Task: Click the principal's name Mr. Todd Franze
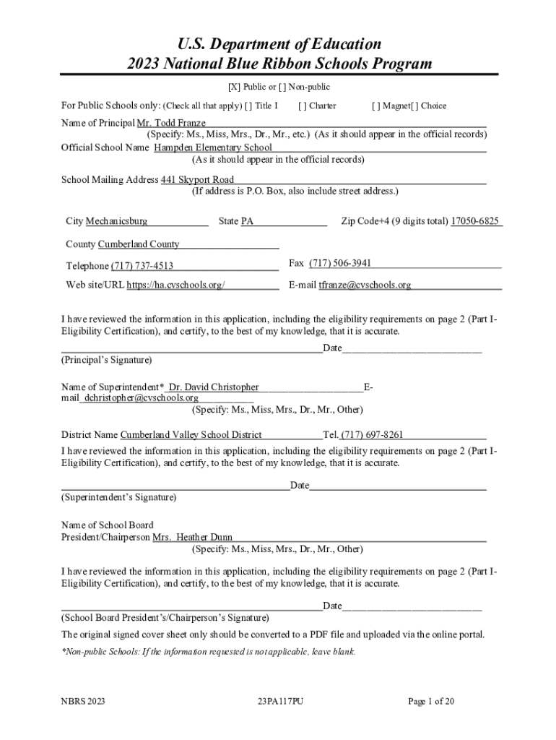[x=166, y=124]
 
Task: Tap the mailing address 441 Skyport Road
[x=197, y=180]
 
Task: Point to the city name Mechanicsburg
[x=117, y=221]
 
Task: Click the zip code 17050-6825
[x=474, y=221]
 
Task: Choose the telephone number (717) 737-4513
[x=142, y=266]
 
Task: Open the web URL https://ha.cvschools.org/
[x=175, y=285]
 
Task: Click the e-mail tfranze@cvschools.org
[x=365, y=285]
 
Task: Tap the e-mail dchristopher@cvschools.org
[x=141, y=397]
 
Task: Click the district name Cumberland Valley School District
[x=191, y=435]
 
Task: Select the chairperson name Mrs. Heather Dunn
[x=193, y=538]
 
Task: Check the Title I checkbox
[x=248, y=106]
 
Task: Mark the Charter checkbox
[x=301, y=106]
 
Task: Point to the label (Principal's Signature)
[x=106, y=360]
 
